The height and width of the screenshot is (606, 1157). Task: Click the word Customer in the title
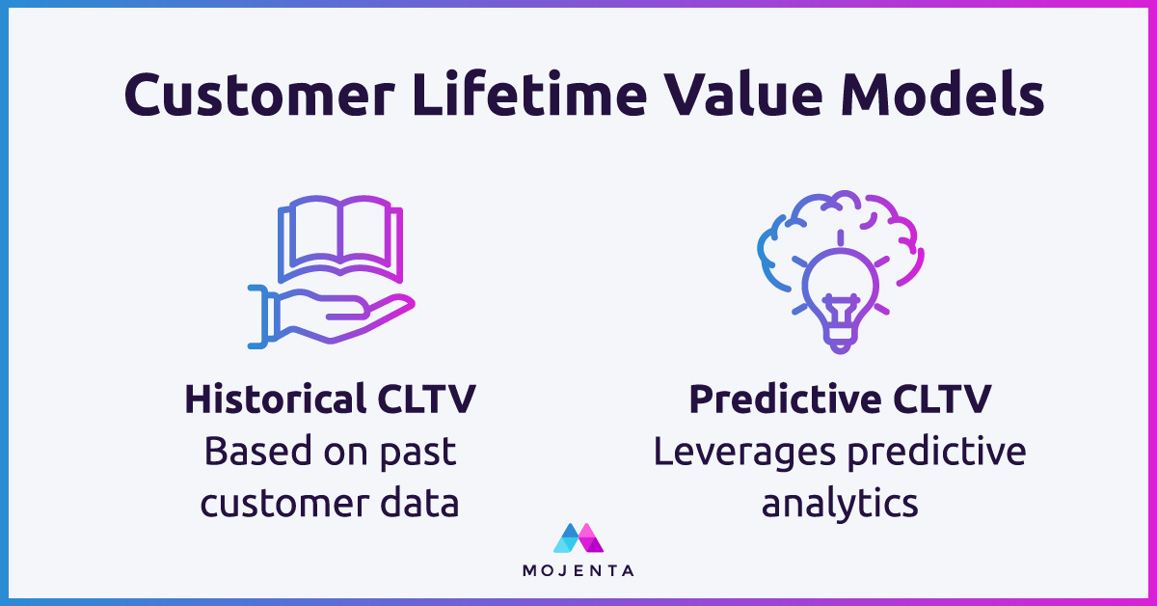click(254, 97)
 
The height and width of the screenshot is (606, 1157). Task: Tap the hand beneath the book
click(328, 314)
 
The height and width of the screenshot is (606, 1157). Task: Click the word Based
click(245, 452)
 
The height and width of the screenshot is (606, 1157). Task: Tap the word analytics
click(840, 502)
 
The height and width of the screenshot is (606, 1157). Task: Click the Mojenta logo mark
click(578, 538)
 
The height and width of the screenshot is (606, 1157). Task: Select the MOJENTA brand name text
click(578, 570)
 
